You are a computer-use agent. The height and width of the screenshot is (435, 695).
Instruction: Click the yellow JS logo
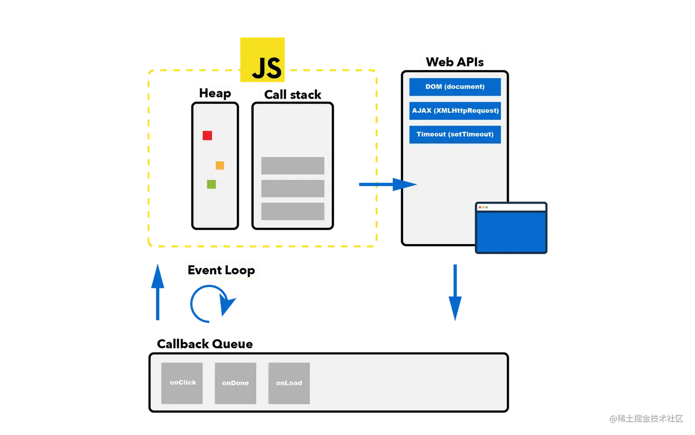pos(263,59)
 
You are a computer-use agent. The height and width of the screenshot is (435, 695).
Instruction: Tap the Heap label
pos(214,93)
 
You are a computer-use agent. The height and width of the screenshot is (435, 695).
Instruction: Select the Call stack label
pos(292,94)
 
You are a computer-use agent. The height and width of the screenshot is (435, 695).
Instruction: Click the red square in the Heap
pos(207,135)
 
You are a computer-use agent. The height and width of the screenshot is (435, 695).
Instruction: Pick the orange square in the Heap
pos(220,165)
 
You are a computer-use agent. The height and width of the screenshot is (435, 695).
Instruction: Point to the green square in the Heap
pos(211,184)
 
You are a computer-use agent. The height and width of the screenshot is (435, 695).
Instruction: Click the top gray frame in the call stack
pos(293,166)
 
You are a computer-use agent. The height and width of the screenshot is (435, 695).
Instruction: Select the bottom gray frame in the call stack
pos(293,211)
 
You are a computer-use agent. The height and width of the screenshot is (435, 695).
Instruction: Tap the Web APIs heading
pos(454,62)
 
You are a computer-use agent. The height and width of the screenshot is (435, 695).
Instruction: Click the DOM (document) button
pos(455,87)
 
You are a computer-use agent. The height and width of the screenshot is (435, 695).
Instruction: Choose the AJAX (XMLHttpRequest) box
pos(455,111)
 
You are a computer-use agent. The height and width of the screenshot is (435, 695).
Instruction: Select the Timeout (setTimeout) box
pos(455,134)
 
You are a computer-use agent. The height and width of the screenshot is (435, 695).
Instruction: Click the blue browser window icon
pos(511,228)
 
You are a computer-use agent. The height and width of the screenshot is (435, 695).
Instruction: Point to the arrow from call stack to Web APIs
pos(386,185)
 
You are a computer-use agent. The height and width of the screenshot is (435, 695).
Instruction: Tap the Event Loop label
pos(222,270)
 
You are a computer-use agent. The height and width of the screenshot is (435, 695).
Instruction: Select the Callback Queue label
pos(205,344)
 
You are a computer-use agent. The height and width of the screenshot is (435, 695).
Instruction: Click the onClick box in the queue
pos(182,383)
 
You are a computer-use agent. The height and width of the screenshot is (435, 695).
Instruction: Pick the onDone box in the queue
pos(235,383)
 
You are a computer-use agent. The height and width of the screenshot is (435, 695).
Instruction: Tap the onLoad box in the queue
pos(289,383)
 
